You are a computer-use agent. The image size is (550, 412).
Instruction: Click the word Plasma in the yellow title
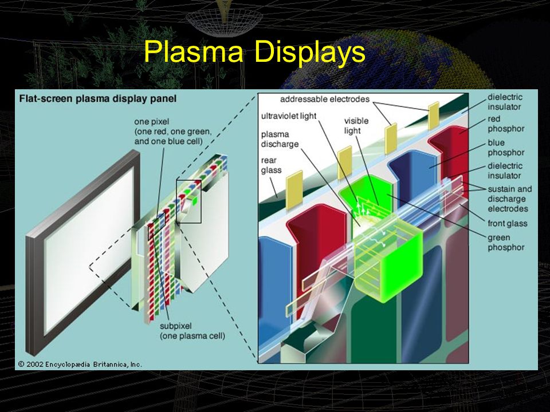point(194,52)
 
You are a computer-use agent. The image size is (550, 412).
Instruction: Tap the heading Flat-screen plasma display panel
point(98,99)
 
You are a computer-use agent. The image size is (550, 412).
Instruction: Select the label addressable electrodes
point(325,99)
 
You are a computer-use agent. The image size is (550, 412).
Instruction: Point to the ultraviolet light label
point(289,116)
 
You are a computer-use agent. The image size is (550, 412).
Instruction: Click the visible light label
point(356,126)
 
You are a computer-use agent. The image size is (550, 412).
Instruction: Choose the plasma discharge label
point(280,139)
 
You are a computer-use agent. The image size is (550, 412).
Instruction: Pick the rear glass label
point(271,165)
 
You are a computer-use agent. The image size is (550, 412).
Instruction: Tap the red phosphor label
point(506,124)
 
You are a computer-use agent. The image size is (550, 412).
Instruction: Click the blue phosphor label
point(506,148)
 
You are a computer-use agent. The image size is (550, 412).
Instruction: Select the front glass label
point(507,223)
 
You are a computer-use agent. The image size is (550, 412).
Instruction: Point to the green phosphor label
point(506,243)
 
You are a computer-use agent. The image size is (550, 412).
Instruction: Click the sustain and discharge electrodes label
point(510,199)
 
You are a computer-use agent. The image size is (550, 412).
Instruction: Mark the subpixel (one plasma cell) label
point(192,331)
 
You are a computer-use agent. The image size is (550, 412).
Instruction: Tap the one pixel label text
point(172,132)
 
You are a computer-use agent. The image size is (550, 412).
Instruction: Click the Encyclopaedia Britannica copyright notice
point(80,365)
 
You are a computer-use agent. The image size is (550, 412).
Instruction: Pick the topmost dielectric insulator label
point(505,102)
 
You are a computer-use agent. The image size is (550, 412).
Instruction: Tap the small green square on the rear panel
point(195,200)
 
